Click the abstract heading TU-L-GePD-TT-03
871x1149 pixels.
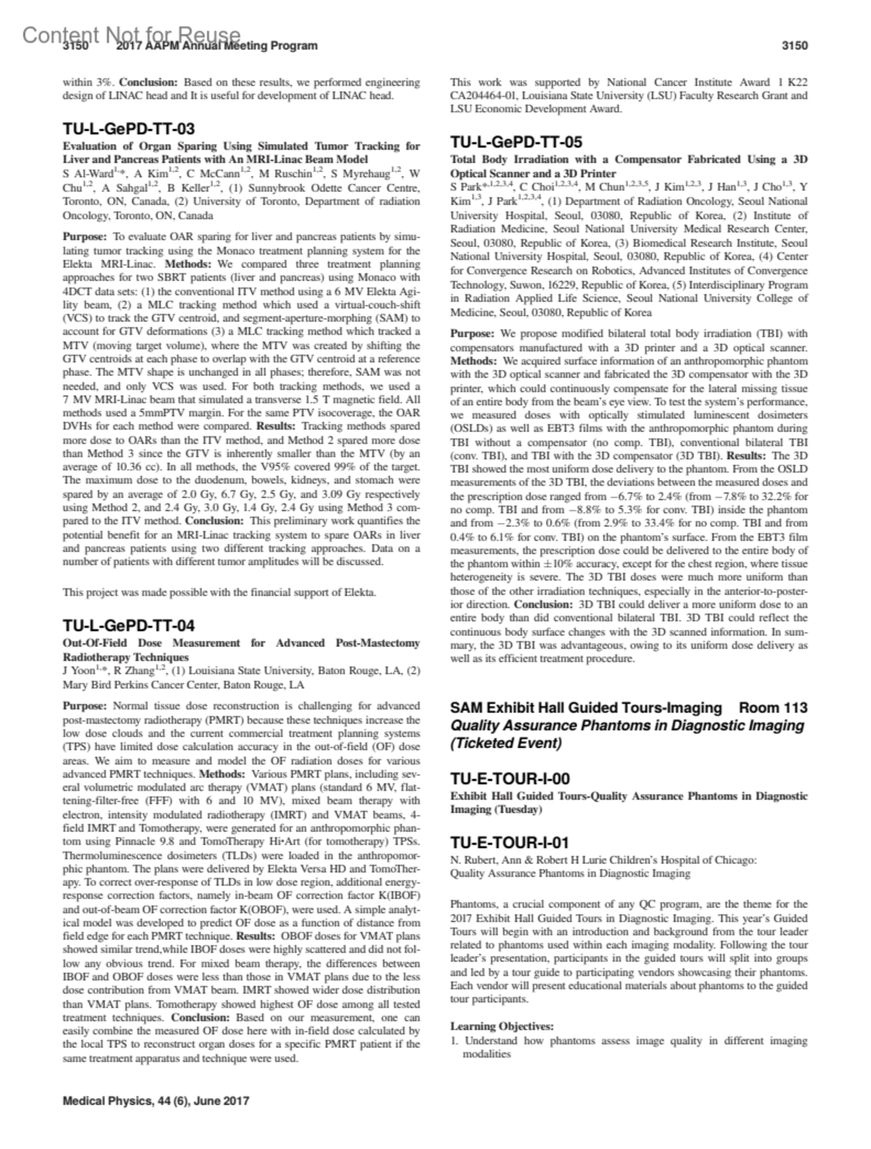coord(128,130)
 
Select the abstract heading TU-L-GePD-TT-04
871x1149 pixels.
coord(128,626)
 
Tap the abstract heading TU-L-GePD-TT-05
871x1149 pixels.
coord(516,142)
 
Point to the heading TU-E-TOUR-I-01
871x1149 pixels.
coord(510,843)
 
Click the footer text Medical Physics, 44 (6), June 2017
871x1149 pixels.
coord(156,1100)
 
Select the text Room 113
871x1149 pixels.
coord(773,708)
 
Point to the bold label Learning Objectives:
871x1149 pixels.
coord(502,1026)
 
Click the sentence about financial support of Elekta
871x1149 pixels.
coord(219,592)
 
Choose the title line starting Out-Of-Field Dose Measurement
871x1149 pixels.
coord(241,643)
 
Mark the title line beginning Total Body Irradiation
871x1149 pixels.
coord(629,159)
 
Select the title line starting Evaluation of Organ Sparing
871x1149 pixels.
coord(241,146)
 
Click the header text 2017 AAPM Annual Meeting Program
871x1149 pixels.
coord(216,46)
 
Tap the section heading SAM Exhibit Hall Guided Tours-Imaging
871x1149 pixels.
coord(586,708)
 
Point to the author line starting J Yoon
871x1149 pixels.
coord(241,670)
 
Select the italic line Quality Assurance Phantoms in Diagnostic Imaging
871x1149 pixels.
coord(627,726)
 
